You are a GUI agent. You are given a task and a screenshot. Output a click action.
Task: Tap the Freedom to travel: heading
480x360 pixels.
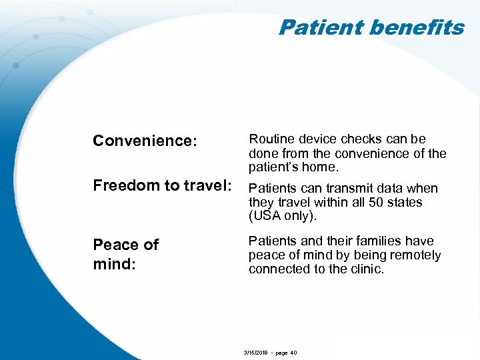pos(163,185)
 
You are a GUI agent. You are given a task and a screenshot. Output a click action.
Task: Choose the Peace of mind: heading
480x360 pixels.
pos(125,254)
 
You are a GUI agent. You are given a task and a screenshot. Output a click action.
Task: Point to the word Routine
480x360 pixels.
pos(270,139)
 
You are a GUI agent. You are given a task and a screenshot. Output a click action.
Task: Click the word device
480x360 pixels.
pos(317,139)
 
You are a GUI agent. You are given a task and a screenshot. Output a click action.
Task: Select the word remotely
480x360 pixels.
pos(417,255)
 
